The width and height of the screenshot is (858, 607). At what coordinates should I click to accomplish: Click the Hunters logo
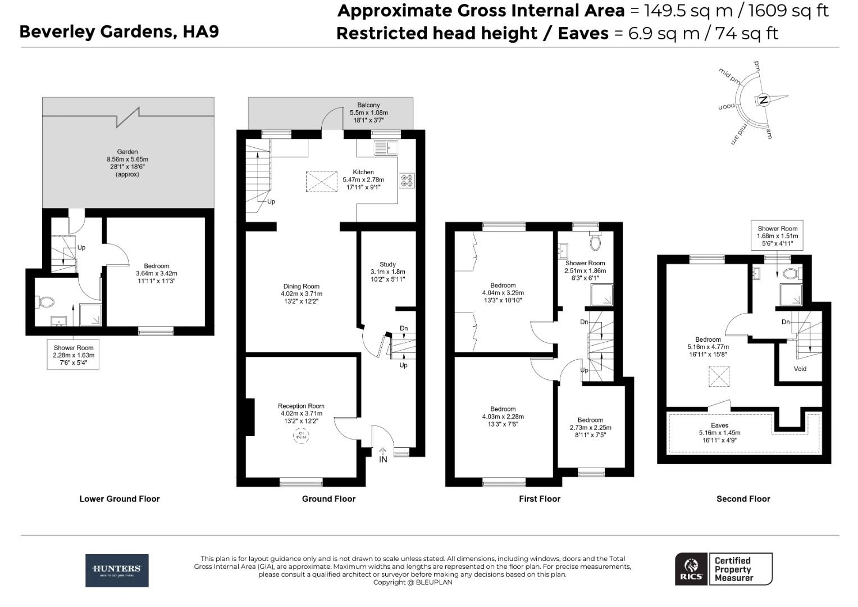coord(117,570)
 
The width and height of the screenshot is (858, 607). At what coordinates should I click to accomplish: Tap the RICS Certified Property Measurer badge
coord(723,569)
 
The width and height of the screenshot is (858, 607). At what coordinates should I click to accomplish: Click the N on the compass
coord(763,100)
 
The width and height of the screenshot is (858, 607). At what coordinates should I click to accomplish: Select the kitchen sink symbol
coord(386,147)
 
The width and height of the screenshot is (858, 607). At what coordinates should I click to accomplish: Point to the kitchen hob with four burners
coord(407,180)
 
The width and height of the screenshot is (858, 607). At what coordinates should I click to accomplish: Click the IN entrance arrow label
coord(383,459)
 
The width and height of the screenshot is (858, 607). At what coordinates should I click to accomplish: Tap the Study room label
coord(387,264)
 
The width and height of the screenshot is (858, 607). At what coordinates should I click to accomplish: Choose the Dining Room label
coord(301,286)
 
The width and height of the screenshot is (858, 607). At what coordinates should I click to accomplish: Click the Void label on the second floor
coord(800,369)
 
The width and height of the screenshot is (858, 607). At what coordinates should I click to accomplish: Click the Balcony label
coord(368,105)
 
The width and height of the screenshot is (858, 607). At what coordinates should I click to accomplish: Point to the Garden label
coord(127,152)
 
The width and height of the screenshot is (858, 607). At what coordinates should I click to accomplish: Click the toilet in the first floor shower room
coord(595,243)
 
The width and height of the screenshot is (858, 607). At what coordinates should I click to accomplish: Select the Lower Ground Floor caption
coord(120,499)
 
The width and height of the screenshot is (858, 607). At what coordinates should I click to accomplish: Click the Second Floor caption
coord(743,499)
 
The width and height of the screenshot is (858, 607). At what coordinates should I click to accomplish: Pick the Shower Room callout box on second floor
coord(777,236)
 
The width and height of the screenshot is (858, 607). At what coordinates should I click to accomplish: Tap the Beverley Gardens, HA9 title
coord(119,31)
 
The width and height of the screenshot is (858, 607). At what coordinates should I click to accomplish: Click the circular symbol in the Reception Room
coord(301,436)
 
